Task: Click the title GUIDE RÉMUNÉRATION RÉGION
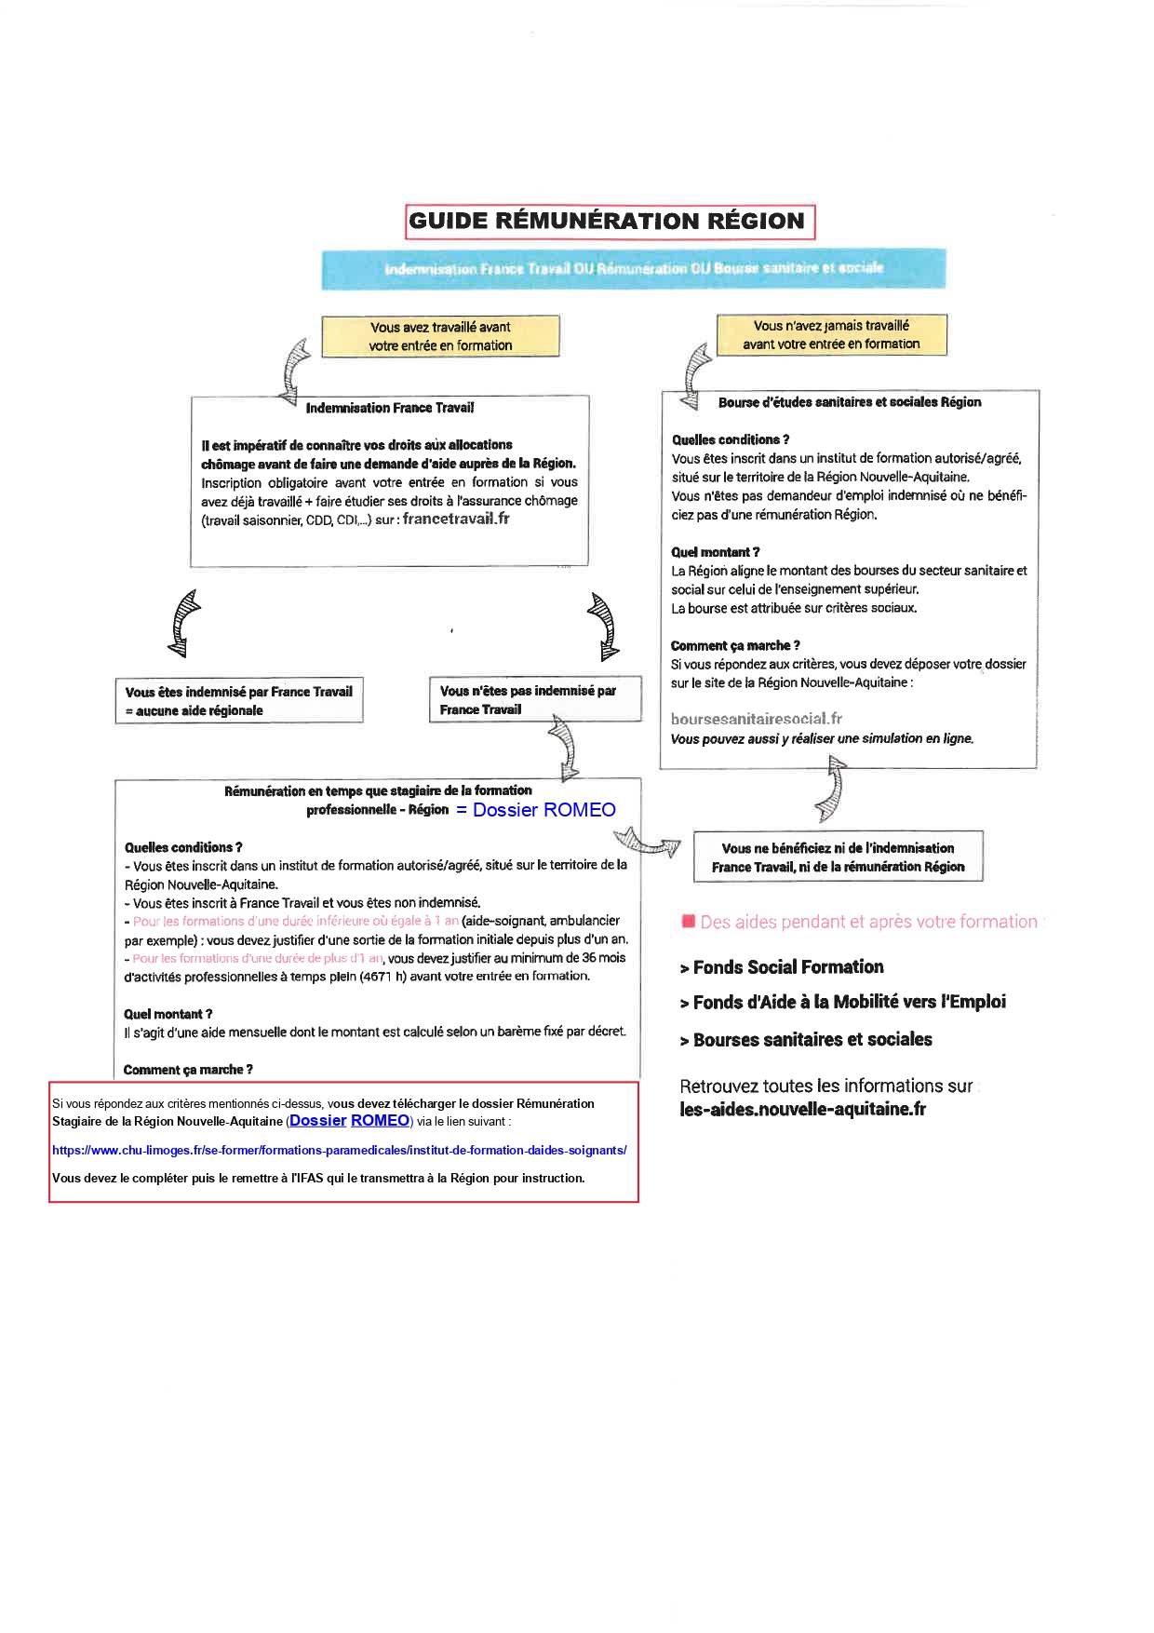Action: coord(610,222)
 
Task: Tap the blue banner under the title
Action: coord(633,268)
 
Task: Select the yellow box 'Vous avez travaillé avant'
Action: coord(440,336)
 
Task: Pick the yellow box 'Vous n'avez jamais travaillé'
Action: coord(831,335)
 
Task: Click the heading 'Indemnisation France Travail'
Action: coord(389,408)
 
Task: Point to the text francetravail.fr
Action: coord(456,519)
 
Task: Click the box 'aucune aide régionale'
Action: coord(238,701)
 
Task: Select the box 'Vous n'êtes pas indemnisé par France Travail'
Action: coord(533,699)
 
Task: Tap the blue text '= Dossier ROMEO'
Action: coord(536,810)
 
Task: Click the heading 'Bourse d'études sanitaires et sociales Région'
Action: coord(849,402)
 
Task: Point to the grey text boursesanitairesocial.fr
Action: coord(756,719)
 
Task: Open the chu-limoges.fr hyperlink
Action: coord(339,1150)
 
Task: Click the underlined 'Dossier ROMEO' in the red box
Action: coord(350,1121)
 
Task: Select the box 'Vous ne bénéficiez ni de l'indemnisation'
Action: coord(838,857)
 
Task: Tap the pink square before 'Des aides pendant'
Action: coord(689,922)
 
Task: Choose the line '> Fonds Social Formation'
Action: coord(782,967)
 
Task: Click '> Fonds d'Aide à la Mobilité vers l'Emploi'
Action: coord(842,1003)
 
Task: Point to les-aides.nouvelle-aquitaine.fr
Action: coord(802,1109)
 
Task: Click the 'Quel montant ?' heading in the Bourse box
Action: coord(715,552)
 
